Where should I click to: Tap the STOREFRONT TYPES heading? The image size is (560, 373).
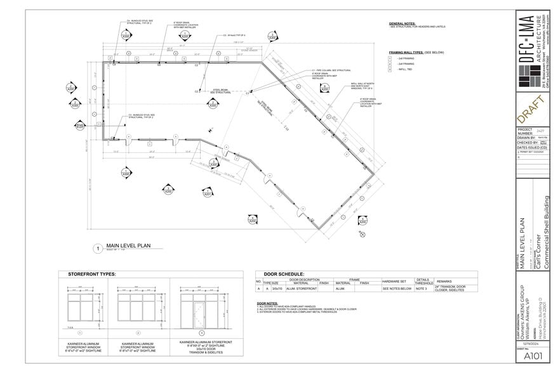91,274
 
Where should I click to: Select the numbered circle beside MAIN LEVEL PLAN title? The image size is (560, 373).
98,249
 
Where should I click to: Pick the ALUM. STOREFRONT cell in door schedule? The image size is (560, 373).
297,288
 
